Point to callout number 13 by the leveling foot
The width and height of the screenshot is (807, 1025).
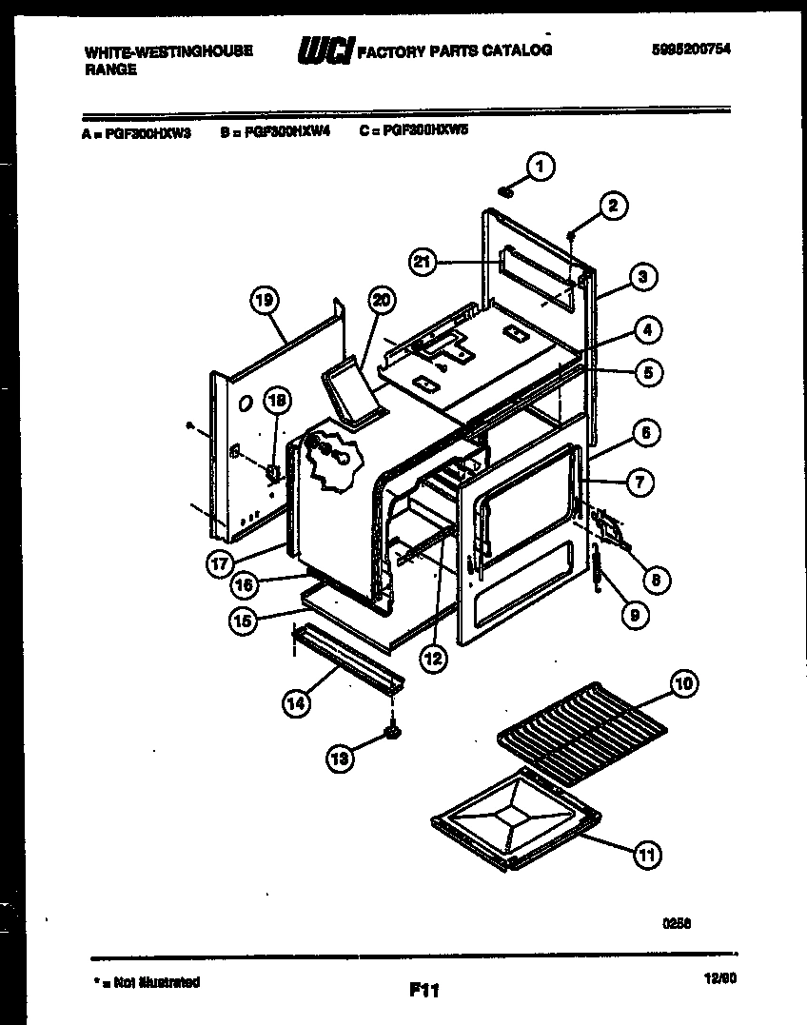340,758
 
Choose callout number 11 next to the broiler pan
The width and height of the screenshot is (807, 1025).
646,855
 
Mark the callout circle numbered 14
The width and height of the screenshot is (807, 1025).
296,704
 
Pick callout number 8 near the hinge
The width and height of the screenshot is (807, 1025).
654,579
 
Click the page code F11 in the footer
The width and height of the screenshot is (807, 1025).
423,991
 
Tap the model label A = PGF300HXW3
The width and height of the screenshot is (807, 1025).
137,134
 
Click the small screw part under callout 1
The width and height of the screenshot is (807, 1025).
506,193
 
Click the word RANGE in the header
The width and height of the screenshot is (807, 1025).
110,69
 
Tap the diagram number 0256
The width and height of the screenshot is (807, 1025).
677,922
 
